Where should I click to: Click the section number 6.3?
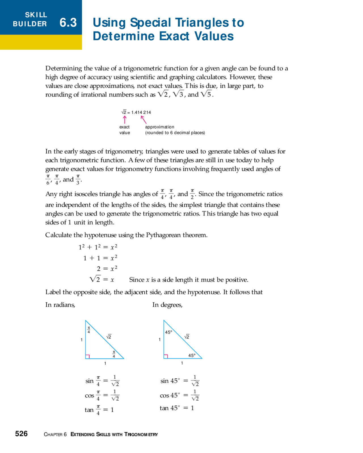click(x=68, y=23)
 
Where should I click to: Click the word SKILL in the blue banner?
click(x=36, y=15)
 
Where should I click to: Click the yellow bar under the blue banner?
click(x=41, y=42)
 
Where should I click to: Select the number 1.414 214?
click(x=141, y=112)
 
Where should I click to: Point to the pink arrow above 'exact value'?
click(x=124, y=119)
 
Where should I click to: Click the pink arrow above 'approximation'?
click(x=144, y=119)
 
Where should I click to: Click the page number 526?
click(x=21, y=434)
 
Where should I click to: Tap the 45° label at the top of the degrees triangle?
click(x=168, y=332)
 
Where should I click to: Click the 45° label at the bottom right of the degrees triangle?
click(x=192, y=355)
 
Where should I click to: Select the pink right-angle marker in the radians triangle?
click(x=88, y=356)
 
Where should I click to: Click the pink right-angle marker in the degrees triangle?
click(x=166, y=356)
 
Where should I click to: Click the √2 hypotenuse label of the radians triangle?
click(x=109, y=337)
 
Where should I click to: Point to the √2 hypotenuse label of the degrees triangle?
click(x=187, y=337)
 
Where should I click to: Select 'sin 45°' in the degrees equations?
click(x=170, y=381)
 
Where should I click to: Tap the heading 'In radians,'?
click(x=60, y=305)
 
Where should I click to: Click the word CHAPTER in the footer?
click(x=53, y=434)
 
